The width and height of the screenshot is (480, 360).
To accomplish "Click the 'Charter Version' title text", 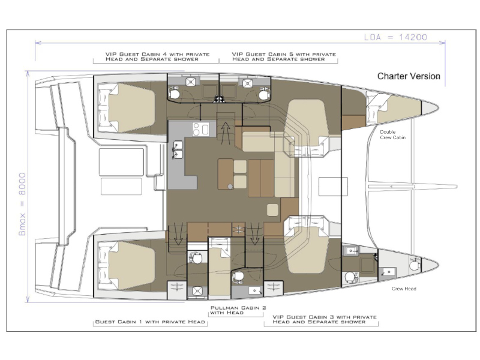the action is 409,76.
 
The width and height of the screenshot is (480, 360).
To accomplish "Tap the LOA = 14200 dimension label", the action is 395,37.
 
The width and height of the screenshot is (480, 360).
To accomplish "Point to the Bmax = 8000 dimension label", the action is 22,204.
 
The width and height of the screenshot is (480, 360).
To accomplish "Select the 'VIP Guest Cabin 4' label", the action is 157,56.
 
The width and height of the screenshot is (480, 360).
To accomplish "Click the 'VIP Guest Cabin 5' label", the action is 284,56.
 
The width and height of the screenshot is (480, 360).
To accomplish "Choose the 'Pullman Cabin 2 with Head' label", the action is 238,310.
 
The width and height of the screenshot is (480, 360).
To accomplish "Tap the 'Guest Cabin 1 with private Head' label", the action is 150,322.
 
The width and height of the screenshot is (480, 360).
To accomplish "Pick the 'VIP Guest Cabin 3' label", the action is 325,319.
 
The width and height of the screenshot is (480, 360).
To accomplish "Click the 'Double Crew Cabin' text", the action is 393,134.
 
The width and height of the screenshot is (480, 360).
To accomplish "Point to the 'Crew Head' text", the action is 404,289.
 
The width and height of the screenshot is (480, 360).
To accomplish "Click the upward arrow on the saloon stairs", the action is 226,133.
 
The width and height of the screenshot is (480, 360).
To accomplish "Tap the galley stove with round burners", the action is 200,129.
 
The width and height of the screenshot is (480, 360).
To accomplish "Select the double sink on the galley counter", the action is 178,149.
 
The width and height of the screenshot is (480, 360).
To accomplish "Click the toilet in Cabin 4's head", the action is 174,93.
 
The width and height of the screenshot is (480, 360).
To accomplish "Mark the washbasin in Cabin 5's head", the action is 247,83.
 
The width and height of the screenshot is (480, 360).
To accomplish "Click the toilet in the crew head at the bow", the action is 414,264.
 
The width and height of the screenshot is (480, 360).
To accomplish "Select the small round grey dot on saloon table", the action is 230,187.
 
